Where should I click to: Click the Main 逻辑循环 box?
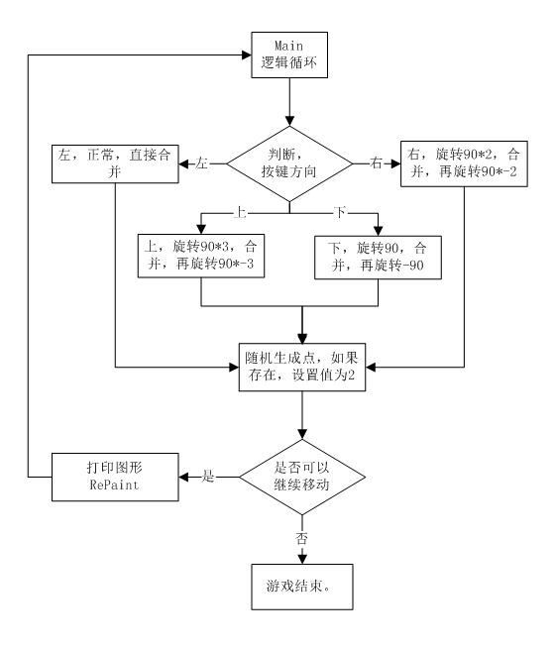(x=289, y=54)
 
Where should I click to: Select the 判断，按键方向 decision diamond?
(x=289, y=163)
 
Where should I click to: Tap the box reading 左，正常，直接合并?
(x=115, y=163)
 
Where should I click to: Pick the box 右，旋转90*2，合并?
(x=464, y=163)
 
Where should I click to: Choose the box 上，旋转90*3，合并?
(x=201, y=256)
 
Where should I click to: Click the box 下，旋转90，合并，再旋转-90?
(x=379, y=258)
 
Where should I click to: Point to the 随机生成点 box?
(x=302, y=367)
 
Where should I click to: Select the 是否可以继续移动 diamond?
(x=302, y=477)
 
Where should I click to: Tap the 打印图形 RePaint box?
(x=115, y=477)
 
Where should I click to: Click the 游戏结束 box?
(x=302, y=587)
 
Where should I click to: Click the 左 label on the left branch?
(x=202, y=163)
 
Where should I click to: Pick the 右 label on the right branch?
(x=376, y=162)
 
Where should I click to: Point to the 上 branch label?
(x=240, y=212)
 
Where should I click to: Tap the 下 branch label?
(x=340, y=212)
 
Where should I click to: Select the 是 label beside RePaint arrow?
(x=208, y=477)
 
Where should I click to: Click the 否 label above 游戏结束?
(x=301, y=538)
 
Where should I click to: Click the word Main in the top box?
(x=289, y=46)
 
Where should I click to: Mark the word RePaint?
(x=114, y=485)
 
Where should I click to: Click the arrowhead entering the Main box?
(x=247, y=54)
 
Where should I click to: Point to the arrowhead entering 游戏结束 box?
(x=302, y=559)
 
